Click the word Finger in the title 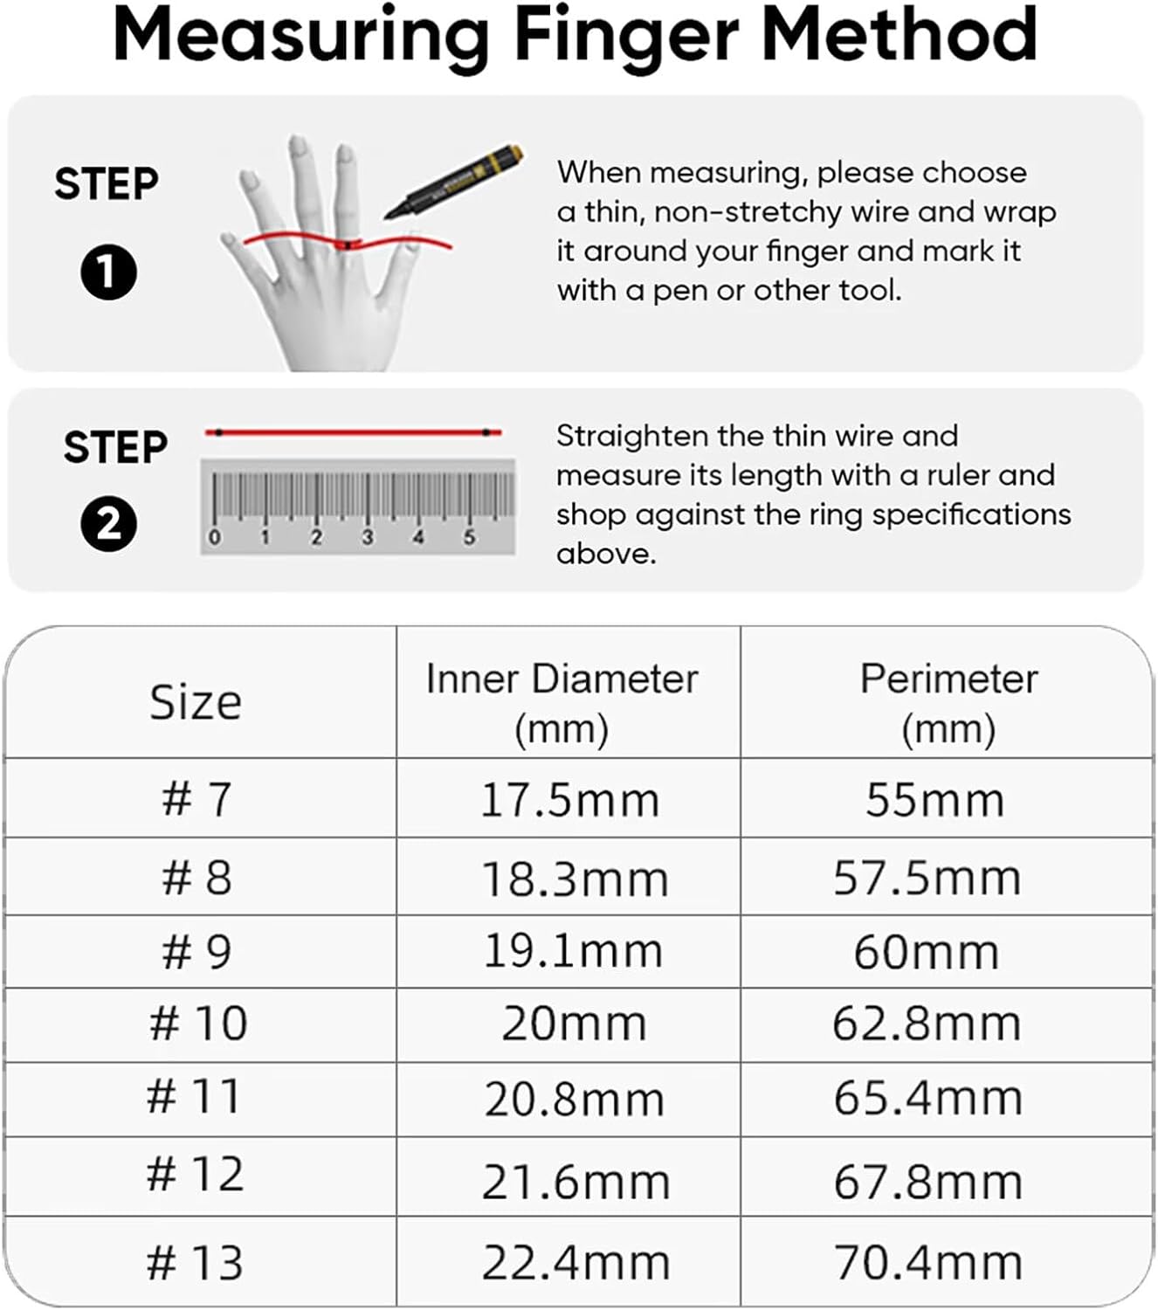point(626,36)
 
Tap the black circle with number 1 point(108,272)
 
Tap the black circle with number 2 point(108,524)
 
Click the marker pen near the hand point(453,181)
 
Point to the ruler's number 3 point(368,537)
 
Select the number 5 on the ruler point(470,537)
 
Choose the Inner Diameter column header point(562,704)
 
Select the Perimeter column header point(948,704)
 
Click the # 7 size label point(196,799)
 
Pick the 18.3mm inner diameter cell point(575,879)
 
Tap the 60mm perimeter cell point(926,953)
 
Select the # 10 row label point(198,1023)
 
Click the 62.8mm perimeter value point(927,1024)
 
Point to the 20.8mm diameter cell point(574,1100)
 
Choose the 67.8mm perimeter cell point(927,1182)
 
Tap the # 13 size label point(196,1262)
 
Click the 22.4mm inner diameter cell point(576,1262)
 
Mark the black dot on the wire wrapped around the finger point(348,245)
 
